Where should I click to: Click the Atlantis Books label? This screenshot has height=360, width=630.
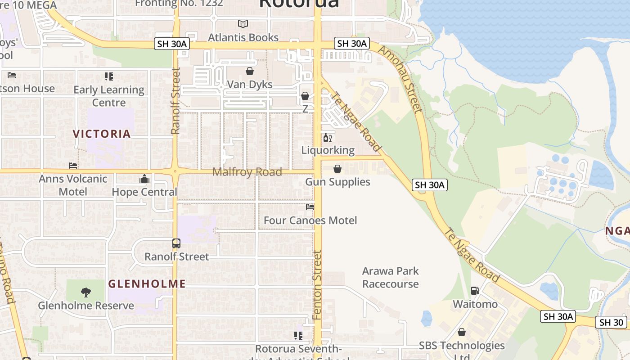point(243,37)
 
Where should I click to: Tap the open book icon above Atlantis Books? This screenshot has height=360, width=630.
point(243,24)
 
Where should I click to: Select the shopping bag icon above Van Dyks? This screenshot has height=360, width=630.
point(250,71)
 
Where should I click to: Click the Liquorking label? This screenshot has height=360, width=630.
point(328,150)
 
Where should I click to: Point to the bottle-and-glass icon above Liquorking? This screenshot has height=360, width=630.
point(328,137)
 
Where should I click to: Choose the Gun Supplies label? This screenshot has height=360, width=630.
point(337,182)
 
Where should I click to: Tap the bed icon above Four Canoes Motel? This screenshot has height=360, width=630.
point(310,207)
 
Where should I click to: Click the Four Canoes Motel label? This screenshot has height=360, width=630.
point(310,220)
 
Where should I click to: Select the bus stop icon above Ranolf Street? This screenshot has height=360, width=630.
point(176,243)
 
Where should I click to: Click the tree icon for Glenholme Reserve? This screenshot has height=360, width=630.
point(85,292)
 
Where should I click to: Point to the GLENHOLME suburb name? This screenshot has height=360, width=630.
point(147,283)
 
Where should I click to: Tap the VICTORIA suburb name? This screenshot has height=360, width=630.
point(102,134)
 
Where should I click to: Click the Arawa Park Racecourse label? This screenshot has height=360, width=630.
point(391,277)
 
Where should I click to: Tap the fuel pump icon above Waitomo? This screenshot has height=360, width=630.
point(475,291)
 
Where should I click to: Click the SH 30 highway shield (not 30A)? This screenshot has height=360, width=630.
point(611,322)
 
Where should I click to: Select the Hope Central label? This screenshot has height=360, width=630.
point(144,192)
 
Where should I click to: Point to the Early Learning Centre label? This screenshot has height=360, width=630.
point(109,96)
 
